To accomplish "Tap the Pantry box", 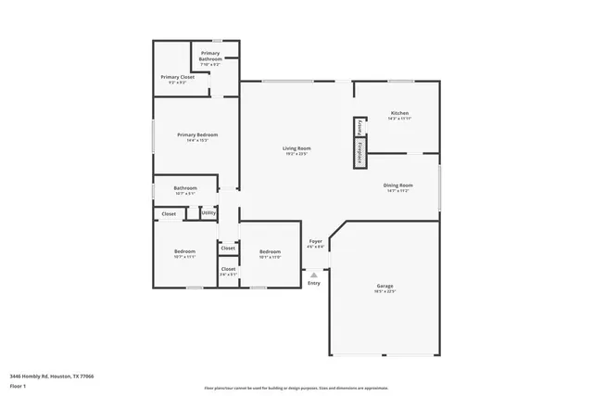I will coord(360,128).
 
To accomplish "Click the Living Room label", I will coord(296,150).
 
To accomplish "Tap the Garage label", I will coord(385,287).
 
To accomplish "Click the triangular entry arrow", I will coord(314,275).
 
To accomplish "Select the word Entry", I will coord(314,283).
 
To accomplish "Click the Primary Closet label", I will coord(177,79).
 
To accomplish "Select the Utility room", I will coord(208,213).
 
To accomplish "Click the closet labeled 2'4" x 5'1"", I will coord(228,271).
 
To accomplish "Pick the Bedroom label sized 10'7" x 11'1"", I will coord(184,254).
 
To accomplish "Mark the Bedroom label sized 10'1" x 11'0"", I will coord(270,254).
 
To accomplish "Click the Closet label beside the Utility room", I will coord(169,214).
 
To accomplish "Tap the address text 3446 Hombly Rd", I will coord(52,377).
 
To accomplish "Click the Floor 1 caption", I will coord(19,386).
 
